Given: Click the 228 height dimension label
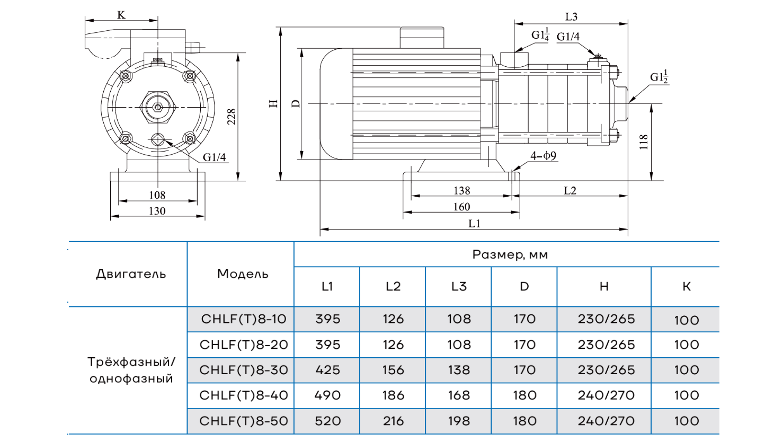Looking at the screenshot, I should (232, 117).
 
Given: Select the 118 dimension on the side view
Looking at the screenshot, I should (644, 142).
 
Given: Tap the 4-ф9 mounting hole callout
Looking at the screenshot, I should (543, 156).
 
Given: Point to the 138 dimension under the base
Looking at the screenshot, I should (461, 190).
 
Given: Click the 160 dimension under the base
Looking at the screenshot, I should (461, 207).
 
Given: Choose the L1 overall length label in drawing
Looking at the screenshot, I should (474, 224).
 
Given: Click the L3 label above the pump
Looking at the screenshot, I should (571, 17).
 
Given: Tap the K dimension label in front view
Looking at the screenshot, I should (121, 15).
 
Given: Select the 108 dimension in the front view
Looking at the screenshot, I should (157, 195).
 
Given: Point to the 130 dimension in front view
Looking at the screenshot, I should (157, 211).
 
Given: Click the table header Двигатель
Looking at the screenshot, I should (131, 274).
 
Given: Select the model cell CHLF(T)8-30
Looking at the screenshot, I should (244, 370).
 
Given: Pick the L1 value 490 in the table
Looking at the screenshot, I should (327, 395).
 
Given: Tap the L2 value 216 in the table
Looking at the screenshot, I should (393, 421).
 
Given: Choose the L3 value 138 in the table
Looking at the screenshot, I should (459, 370).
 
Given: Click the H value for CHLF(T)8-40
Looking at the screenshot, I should (606, 395).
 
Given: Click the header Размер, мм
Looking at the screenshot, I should (510, 254).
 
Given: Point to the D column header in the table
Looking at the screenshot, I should (524, 287).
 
